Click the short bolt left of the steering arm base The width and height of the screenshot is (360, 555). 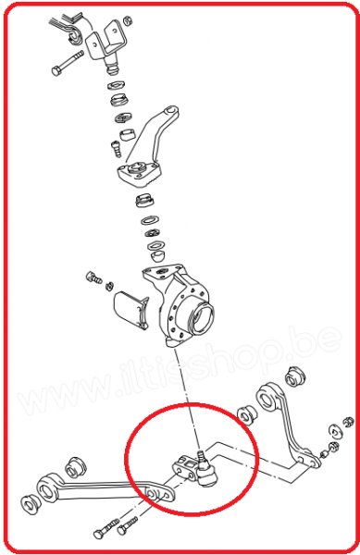click(x=115, y=147)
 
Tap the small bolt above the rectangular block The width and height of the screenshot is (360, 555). click(x=93, y=278)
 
